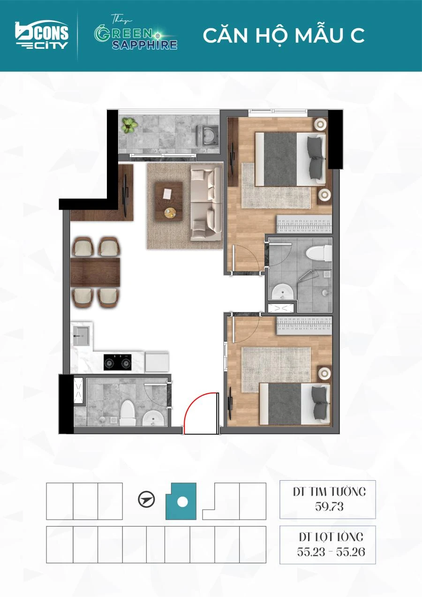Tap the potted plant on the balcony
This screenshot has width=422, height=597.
[129, 125]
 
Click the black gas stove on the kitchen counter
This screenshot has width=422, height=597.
[118, 362]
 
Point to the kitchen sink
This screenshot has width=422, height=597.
[81, 336]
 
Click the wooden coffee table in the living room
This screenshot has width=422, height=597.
[169, 201]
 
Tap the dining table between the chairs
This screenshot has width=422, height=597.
[95, 272]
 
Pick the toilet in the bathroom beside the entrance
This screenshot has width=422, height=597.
[128, 413]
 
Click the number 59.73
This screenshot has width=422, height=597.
[329, 506]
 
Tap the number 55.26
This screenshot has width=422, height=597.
[350, 552]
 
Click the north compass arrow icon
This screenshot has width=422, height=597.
[146, 499]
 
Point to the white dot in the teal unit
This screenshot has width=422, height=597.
[182, 502]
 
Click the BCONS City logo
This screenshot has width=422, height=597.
[42, 35]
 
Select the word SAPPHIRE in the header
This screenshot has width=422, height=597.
[145, 45]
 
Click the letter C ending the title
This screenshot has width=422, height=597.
[357, 36]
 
